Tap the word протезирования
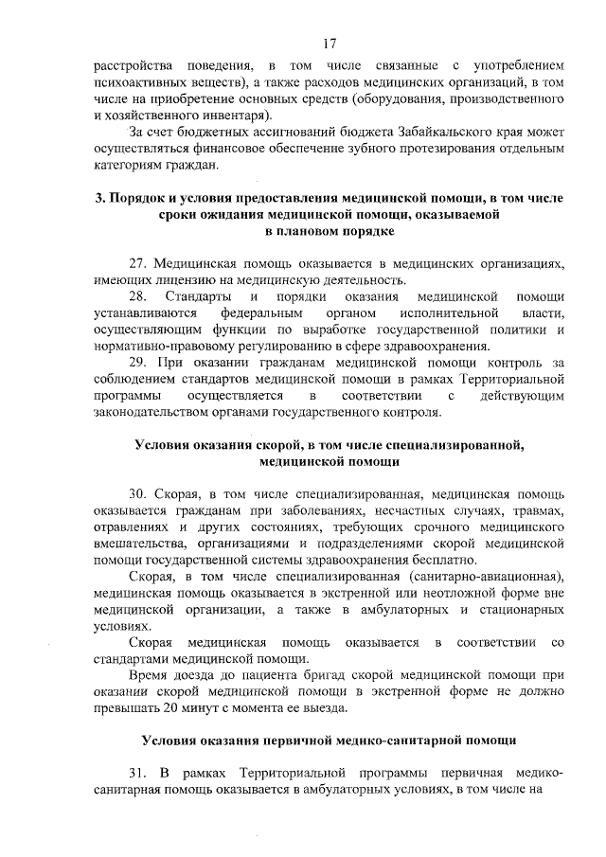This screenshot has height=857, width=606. click(394, 147)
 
